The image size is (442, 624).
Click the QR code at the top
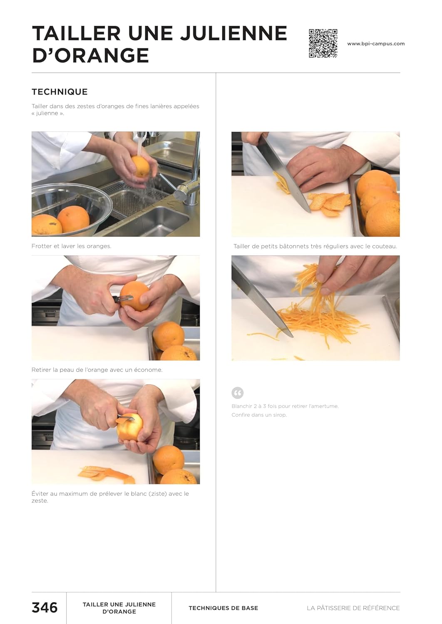(323, 43)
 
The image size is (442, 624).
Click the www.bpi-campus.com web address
(376, 44)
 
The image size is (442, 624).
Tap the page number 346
(45, 607)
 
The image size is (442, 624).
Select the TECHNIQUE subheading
(60, 92)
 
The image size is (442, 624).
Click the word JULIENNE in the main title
(233, 33)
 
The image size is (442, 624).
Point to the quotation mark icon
(238, 393)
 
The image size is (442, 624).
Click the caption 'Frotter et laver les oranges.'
(71, 246)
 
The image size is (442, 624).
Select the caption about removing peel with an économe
(97, 370)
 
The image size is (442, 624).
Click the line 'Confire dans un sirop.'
(259, 415)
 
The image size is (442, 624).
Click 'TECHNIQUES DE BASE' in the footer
(223, 608)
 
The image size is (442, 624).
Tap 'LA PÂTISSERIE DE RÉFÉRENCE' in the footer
(353, 608)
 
